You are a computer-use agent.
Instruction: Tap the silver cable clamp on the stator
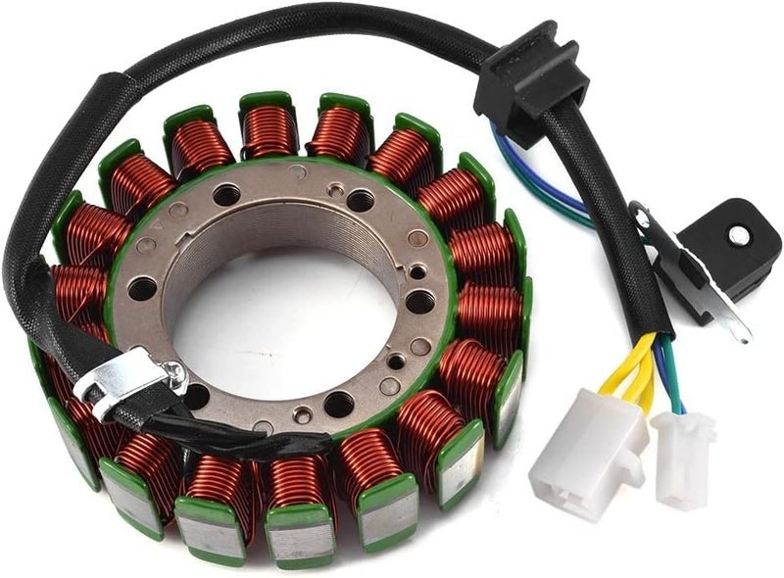tap(127, 376)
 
